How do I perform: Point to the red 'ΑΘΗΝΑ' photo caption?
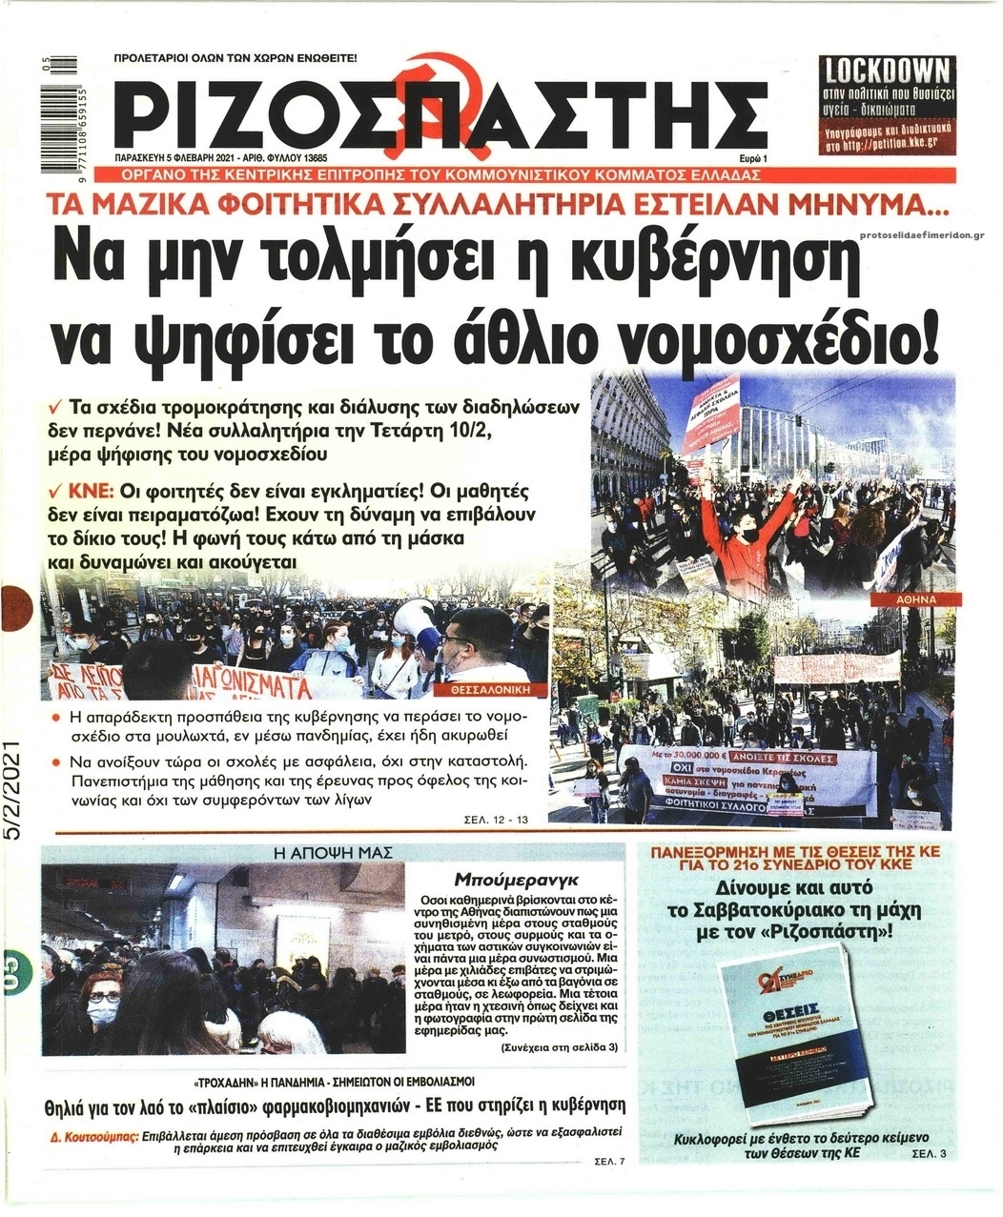(x=916, y=599)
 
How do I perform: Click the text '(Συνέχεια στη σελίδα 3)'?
(x=560, y=1047)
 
